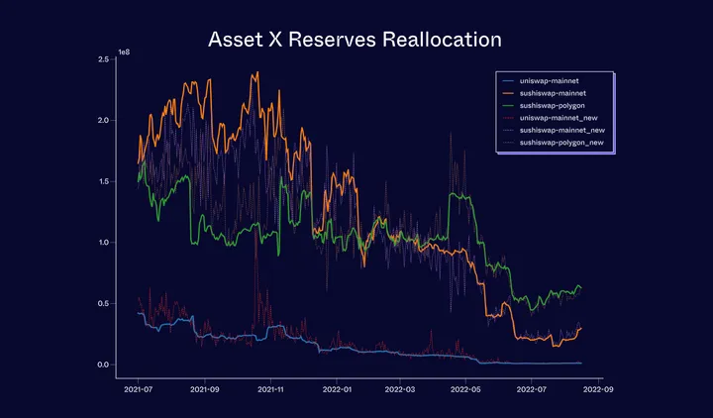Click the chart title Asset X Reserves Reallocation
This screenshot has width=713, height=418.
click(x=356, y=41)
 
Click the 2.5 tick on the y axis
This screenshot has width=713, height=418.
click(x=102, y=59)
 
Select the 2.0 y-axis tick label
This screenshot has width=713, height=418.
click(x=102, y=121)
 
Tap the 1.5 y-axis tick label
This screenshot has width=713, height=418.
click(x=102, y=181)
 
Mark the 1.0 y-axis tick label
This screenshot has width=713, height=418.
click(x=102, y=243)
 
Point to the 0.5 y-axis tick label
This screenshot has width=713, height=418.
click(x=102, y=304)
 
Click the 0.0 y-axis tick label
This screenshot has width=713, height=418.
click(x=102, y=365)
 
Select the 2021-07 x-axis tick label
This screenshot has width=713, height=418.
click(x=139, y=391)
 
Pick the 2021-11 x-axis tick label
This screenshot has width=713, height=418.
click(x=271, y=391)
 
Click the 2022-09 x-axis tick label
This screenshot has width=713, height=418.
click(x=597, y=391)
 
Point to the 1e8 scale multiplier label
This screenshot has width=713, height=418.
click(x=123, y=51)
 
